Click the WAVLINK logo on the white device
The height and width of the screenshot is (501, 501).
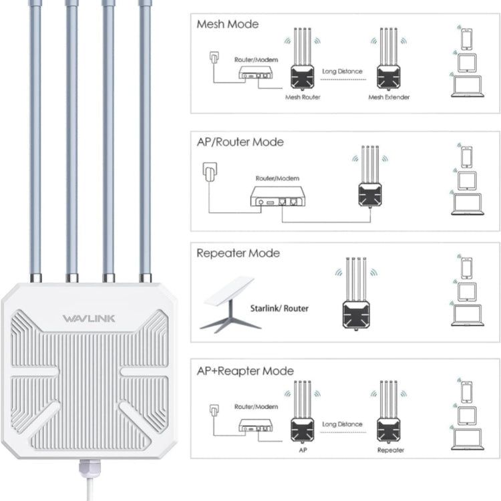89,318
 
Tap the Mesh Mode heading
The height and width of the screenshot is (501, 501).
228,24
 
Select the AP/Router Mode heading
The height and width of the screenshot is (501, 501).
240,142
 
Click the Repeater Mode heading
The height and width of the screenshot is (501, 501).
238,253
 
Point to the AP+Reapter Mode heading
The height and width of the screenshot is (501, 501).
245,371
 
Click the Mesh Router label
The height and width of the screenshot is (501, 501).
303,98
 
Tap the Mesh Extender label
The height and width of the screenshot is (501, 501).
389,98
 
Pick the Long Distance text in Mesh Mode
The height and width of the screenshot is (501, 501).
343,71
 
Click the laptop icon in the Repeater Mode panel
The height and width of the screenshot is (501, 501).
467,315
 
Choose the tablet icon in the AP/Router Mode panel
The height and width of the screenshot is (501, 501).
468,180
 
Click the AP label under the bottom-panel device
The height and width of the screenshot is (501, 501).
303,450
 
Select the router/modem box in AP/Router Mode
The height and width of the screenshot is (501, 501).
277,196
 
